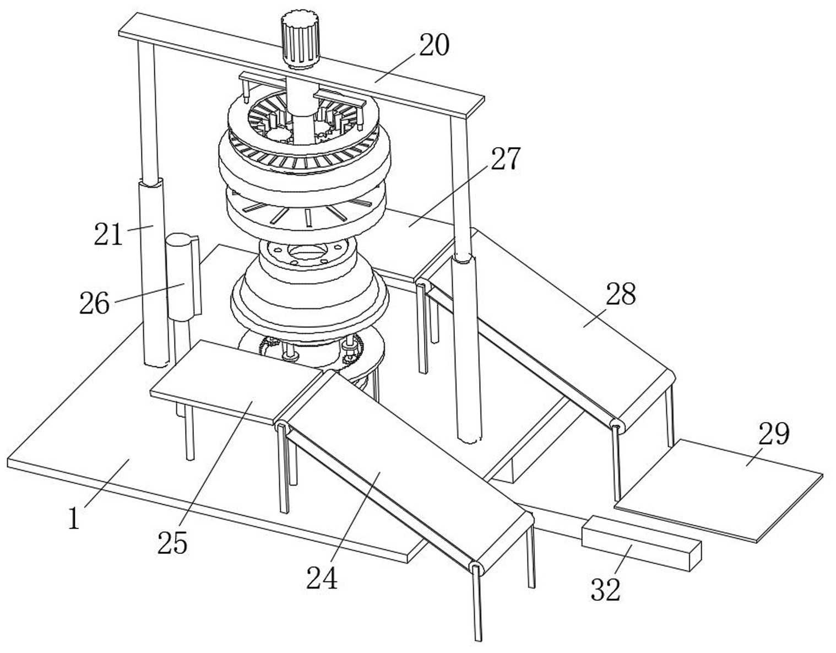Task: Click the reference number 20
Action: [435, 45]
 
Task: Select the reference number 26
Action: [95, 303]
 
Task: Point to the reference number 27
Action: [505, 159]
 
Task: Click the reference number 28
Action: [621, 294]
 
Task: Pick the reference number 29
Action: [774, 433]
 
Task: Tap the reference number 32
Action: [606, 589]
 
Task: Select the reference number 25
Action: [172, 543]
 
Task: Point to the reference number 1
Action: [74, 519]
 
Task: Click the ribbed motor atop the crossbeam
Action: [301, 40]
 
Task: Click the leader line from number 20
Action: [395, 67]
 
